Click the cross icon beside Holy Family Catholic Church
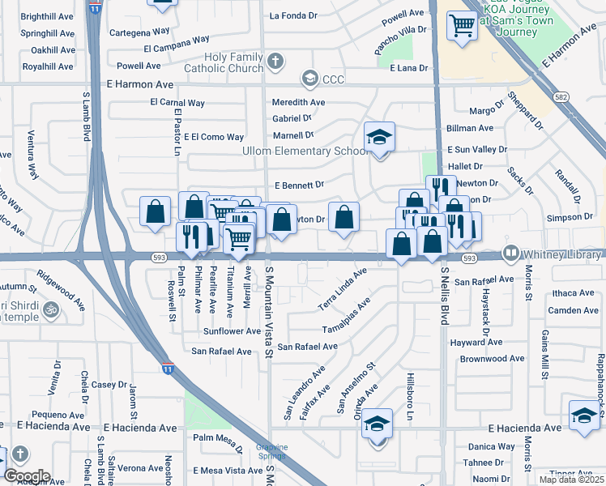(x=275, y=62)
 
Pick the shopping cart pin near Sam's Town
(x=462, y=25)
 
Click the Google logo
(x=27, y=476)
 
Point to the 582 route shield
(x=561, y=97)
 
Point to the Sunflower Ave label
(x=233, y=331)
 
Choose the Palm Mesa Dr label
(x=218, y=438)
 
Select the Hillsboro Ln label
(x=410, y=402)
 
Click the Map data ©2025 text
(x=571, y=480)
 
